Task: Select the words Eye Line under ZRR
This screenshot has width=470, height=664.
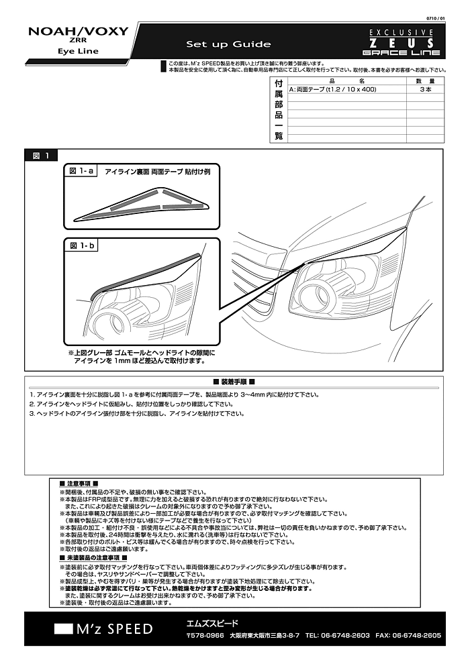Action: [79, 51]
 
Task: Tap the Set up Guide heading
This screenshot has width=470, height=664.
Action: [228, 44]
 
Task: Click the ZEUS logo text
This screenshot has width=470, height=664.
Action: [402, 42]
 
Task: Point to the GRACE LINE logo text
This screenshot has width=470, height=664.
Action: [402, 53]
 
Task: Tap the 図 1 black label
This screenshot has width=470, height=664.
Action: [41, 156]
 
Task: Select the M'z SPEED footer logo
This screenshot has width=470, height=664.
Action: [105, 629]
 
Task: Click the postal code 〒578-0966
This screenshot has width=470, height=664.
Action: [205, 634]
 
